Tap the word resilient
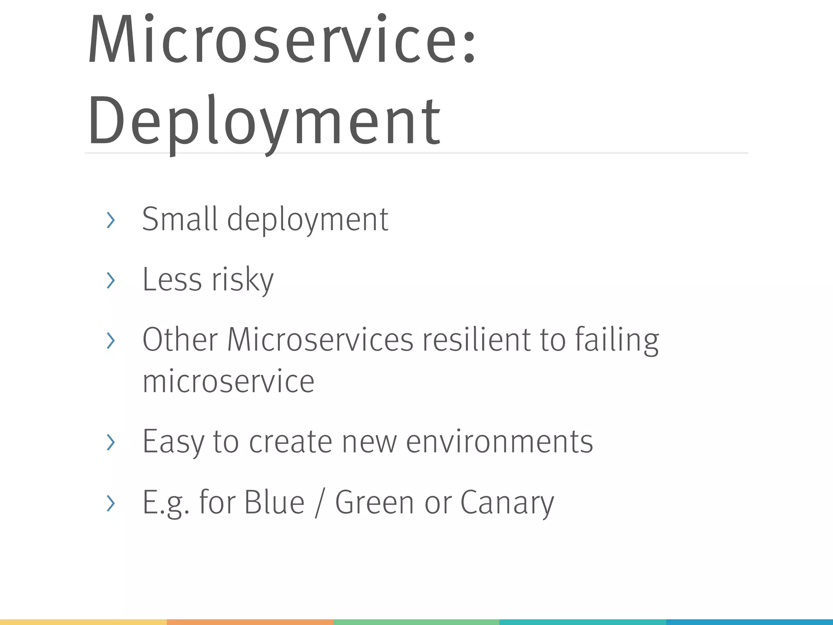[x=476, y=340]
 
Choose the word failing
[x=617, y=340]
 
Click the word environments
[x=499, y=442]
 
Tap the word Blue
[x=274, y=503]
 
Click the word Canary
[x=507, y=503]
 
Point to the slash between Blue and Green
[x=320, y=504]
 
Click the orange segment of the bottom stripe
[x=250, y=622]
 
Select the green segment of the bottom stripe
[x=416, y=622]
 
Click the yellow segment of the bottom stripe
[x=83, y=622]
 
